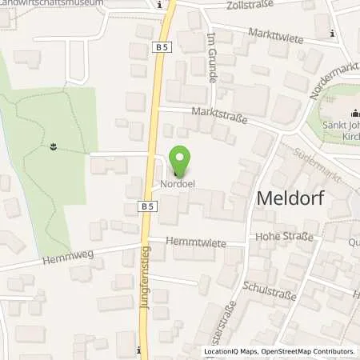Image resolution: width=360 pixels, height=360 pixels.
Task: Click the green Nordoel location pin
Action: (179, 162)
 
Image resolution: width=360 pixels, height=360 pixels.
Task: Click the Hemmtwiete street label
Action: (192, 242)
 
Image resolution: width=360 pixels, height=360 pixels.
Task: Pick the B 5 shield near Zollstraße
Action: (161, 48)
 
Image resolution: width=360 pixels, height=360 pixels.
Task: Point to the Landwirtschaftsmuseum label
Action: (63, 3)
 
